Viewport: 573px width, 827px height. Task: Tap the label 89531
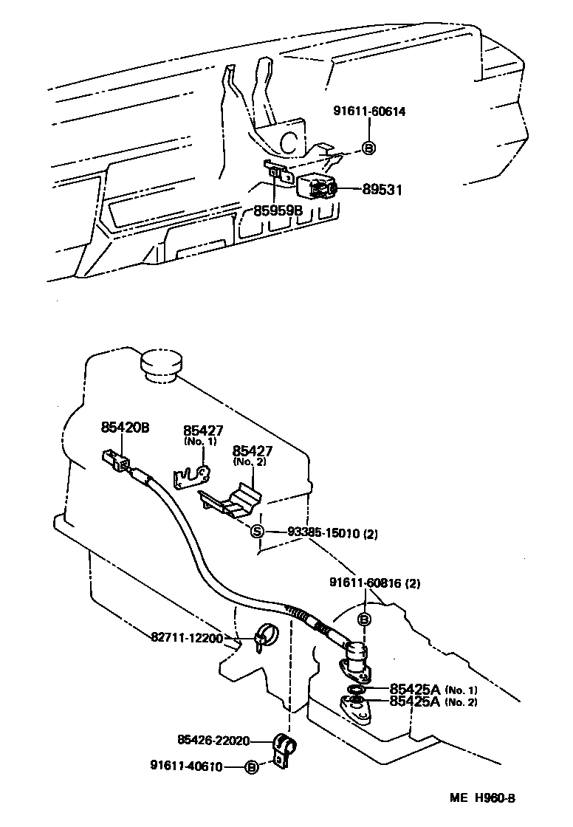click(382, 190)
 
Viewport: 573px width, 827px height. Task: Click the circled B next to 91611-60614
click(368, 148)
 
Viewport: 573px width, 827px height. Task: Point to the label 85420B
click(126, 427)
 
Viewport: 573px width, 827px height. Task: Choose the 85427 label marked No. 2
click(253, 450)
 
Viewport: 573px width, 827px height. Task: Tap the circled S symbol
click(257, 532)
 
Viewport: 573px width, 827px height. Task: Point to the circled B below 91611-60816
click(364, 619)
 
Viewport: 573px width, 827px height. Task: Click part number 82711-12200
click(188, 637)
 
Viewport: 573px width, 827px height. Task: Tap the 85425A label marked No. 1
click(415, 688)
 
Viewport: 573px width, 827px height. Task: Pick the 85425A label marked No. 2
click(415, 701)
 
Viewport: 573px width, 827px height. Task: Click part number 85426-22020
click(214, 740)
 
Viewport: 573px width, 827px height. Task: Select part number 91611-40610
click(189, 766)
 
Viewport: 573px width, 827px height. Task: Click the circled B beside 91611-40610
click(252, 768)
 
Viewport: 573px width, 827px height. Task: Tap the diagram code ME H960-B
click(483, 798)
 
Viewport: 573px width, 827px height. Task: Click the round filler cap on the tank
click(161, 365)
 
